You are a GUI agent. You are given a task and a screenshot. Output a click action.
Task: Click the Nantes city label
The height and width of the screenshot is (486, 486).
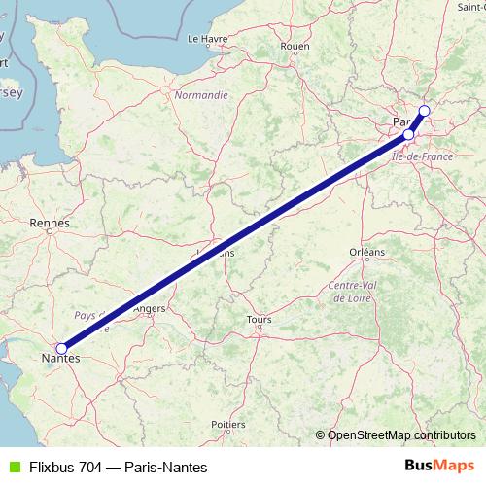[60, 360]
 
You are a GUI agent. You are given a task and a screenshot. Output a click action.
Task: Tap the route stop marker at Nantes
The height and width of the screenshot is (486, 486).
[61, 347]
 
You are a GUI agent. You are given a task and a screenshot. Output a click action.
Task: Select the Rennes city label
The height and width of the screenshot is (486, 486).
[50, 224]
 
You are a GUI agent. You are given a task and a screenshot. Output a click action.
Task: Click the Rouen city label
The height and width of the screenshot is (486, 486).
[294, 46]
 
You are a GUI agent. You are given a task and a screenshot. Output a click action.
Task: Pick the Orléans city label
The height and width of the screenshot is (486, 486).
[366, 252]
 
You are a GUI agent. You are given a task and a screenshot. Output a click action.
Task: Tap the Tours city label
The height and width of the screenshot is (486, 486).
[259, 319]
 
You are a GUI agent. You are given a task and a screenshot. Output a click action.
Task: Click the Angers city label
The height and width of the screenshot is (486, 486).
[150, 309]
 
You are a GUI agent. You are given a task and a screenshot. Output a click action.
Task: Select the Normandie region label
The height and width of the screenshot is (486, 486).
[201, 95]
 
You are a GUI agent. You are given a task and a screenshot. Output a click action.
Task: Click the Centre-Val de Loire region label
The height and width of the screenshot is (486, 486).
[352, 291]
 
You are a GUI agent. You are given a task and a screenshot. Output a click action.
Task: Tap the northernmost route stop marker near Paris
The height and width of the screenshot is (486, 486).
[424, 111]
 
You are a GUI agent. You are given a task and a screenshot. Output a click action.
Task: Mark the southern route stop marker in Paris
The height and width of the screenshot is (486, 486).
[409, 134]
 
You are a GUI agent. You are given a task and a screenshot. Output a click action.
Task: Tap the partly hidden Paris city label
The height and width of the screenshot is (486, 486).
[399, 122]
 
